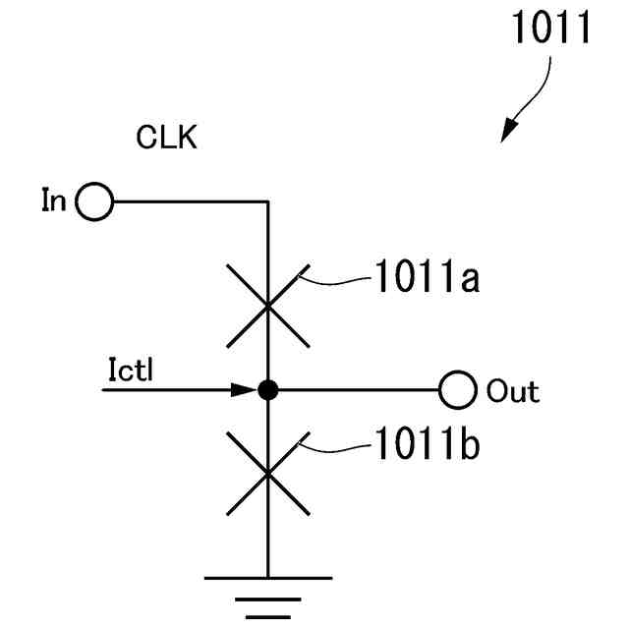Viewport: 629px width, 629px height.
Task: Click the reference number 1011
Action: point(549,29)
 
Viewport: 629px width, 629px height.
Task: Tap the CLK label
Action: point(167,138)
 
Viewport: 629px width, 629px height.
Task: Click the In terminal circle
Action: point(94,203)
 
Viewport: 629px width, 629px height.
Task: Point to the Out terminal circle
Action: point(457,390)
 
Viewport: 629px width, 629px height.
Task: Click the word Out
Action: point(513,391)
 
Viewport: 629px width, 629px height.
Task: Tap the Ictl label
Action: point(129,370)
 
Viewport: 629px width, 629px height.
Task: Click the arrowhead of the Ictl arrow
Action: point(246,390)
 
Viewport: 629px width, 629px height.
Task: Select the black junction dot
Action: point(267,390)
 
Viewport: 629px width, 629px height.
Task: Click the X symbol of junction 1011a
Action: point(267,306)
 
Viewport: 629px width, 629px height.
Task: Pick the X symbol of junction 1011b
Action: point(267,474)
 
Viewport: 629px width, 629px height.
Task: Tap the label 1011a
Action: point(426,279)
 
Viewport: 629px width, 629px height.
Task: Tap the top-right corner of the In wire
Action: point(267,203)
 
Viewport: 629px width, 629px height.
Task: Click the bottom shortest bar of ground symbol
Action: point(267,617)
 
